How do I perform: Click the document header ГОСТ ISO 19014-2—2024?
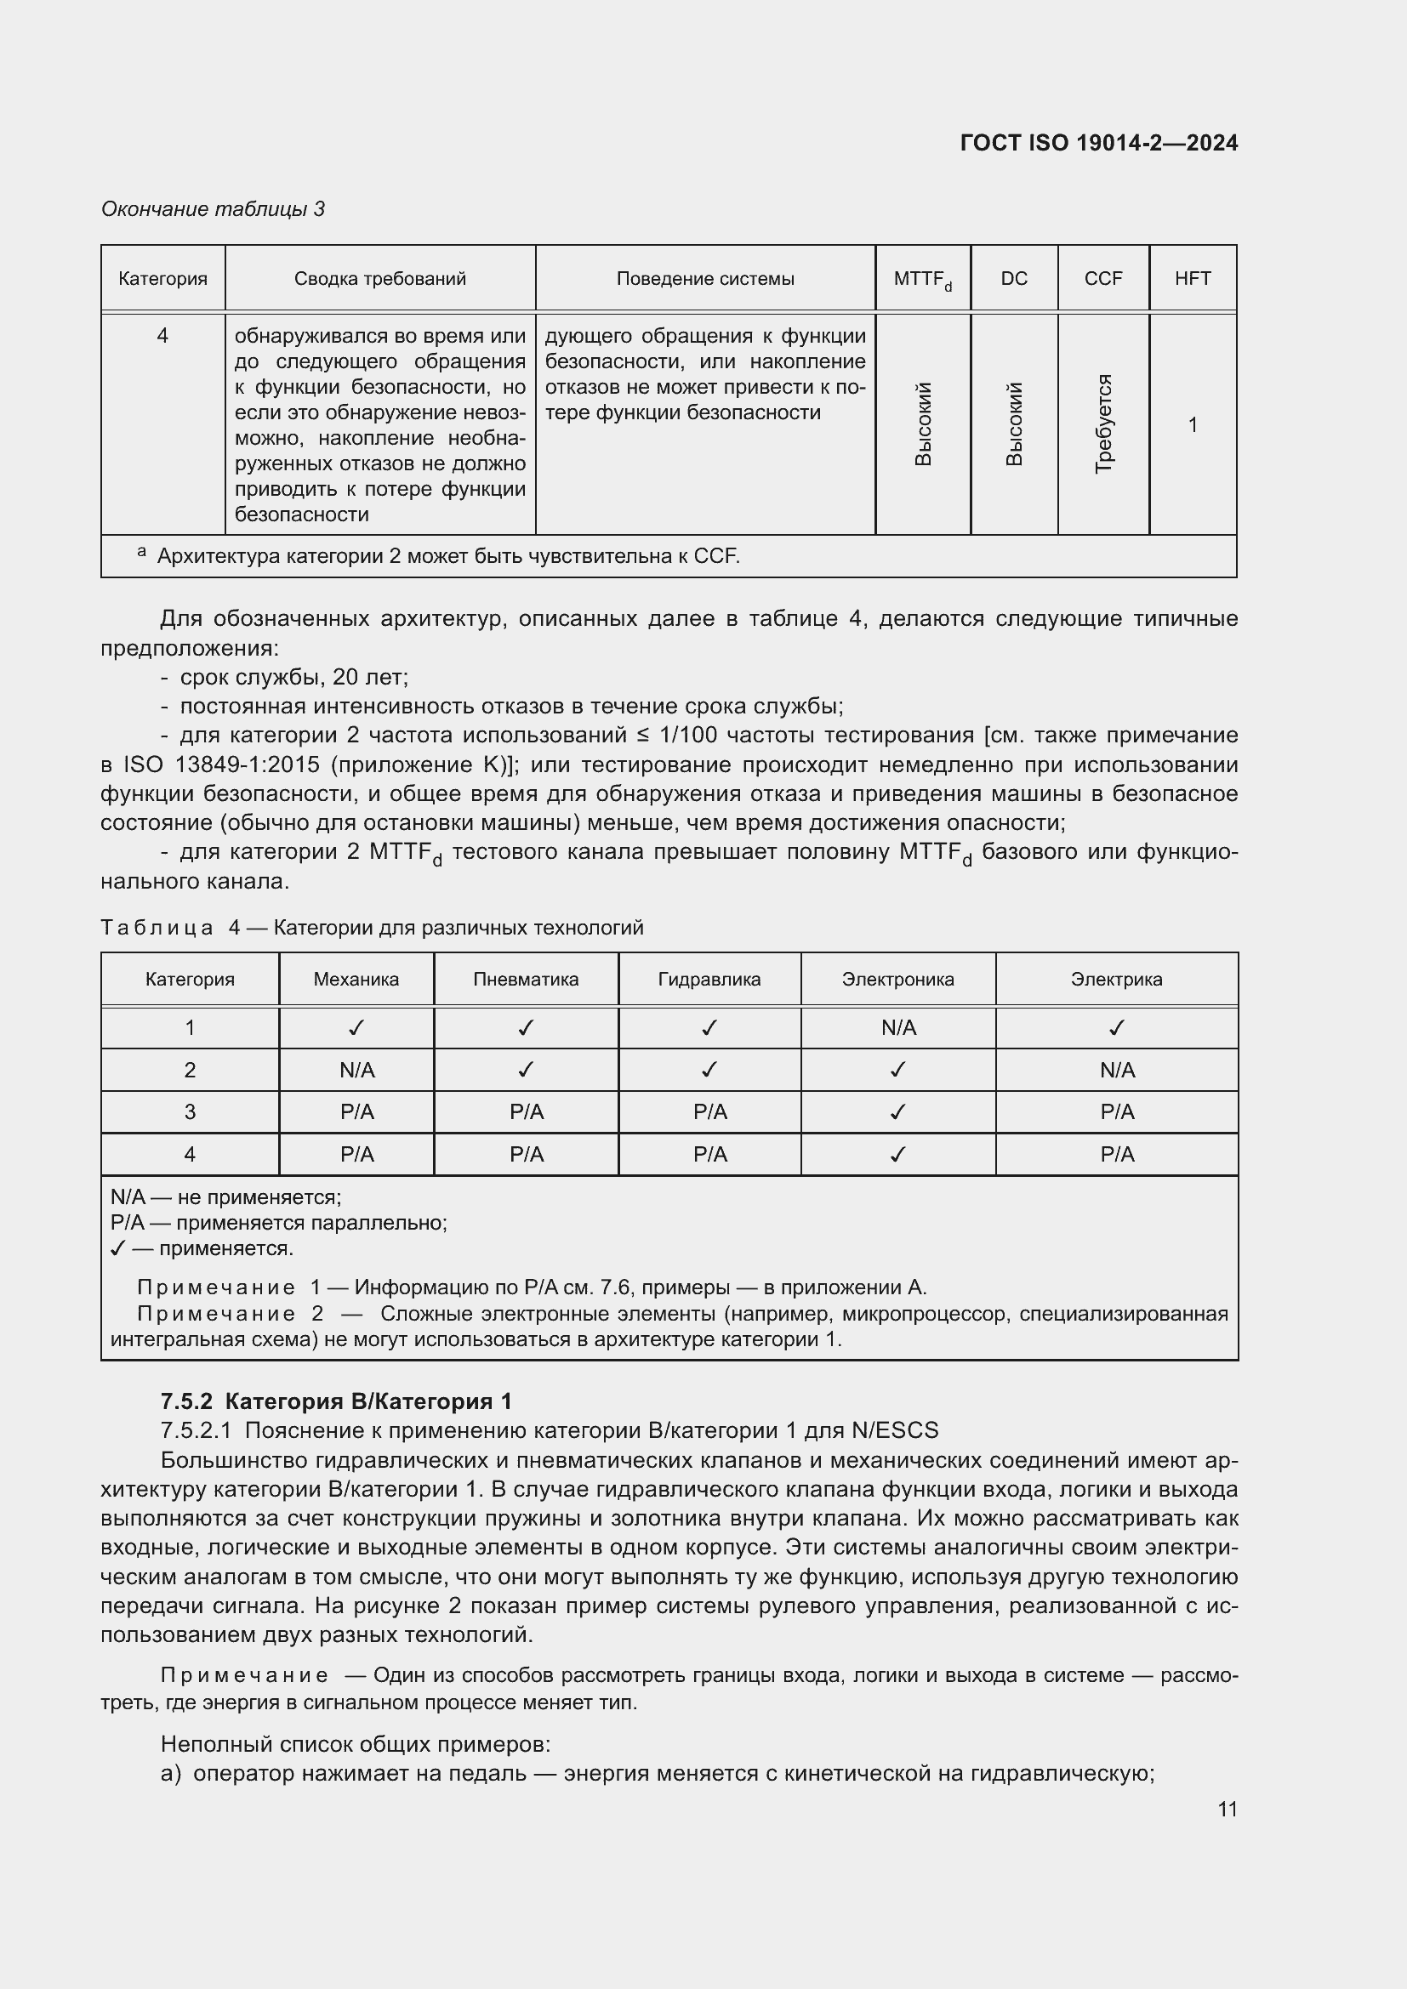tap(1098, 143)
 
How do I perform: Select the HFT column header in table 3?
tap(1192, 279)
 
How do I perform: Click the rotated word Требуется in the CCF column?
tap(1103, 423)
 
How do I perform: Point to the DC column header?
tap(1014, 279)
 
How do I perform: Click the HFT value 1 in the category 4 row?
tap(1192, 424)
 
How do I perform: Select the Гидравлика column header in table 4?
tap(709, 980)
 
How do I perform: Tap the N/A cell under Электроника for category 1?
tap(897, 1028)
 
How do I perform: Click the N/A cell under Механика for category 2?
tap(356, 1071)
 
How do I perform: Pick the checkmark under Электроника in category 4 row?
tap(897, 1155)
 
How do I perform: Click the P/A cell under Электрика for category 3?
tap(1116, 1112)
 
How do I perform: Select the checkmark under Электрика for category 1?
tap(1116, 1028)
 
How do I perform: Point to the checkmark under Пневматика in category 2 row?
tap(525, 1071)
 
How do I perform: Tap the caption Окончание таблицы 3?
tap(214, 209)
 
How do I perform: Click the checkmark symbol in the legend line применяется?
tap(119, 1248)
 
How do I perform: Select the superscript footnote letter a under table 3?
tap(141, 552)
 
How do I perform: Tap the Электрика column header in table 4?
tap(1116, 980)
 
